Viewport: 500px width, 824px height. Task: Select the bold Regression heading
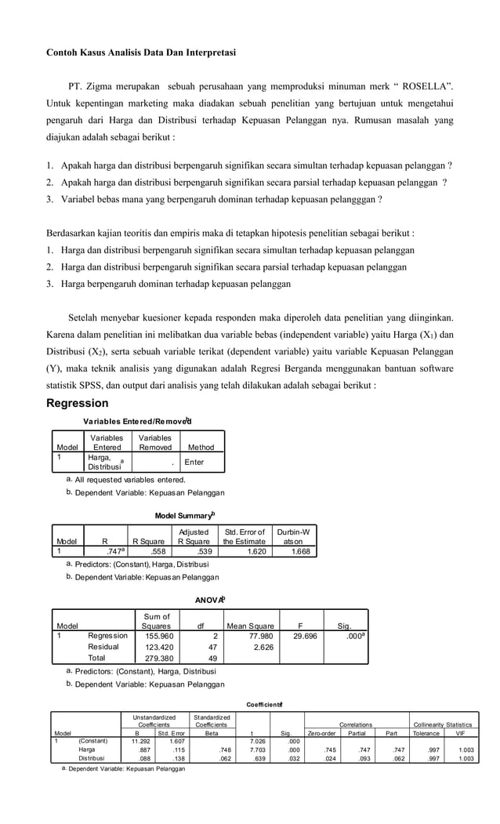tap(78, 403)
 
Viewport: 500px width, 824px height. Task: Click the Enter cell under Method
tap(194, 462)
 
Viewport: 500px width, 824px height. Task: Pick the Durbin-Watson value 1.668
tap(299, 551)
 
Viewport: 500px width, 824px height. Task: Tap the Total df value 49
tap(200, 659)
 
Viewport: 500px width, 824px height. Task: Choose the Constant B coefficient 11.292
tap(140, 740)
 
